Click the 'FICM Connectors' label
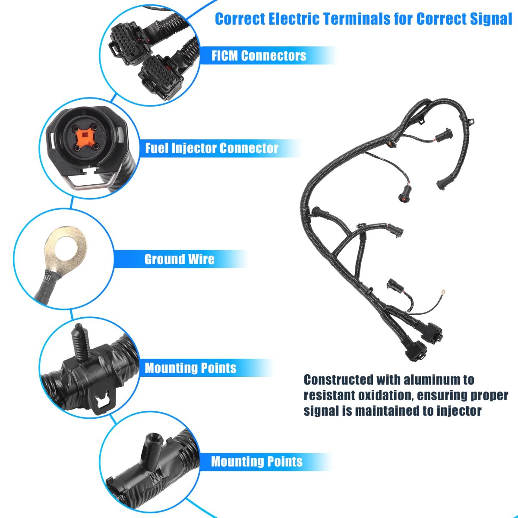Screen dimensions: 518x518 259,56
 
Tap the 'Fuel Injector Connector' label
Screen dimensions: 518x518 212,148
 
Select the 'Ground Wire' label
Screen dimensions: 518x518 179,259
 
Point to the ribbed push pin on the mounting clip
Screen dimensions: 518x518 80,342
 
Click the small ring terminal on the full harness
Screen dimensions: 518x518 443,292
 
